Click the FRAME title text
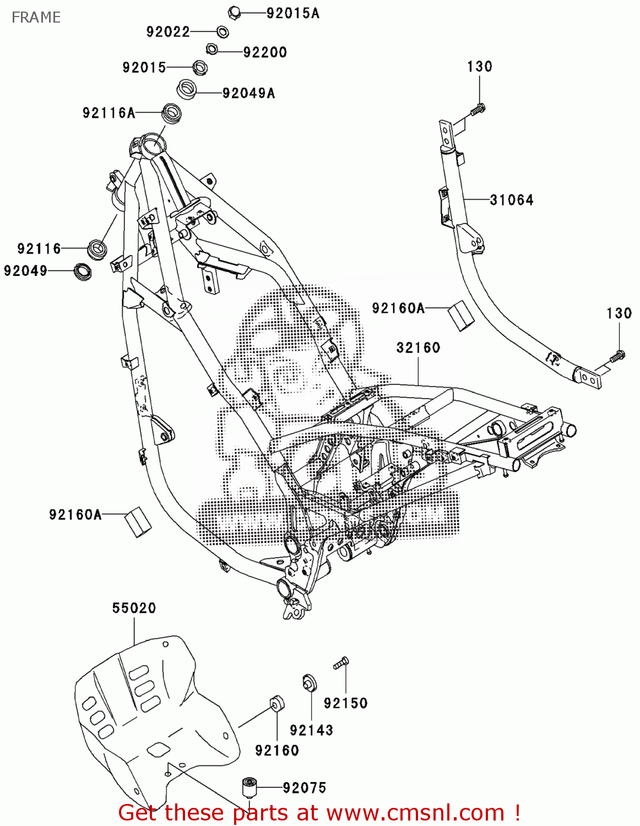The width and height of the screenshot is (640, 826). [x=36, y=18]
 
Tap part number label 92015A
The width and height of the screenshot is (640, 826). [x=292, y=13]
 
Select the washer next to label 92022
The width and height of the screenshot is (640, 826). [x=223, y=32]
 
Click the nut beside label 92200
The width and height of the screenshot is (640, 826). [x=211, y=50]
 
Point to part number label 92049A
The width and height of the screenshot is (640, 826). [x=248, y=93]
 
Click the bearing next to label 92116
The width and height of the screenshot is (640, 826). [x=97, y=248]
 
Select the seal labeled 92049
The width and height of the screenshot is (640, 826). [x=83, y=271]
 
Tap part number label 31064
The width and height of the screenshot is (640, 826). [x=511, y=200]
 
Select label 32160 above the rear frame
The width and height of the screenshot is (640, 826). [x=418, y=347]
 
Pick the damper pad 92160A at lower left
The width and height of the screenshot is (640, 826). [x=138, y=520]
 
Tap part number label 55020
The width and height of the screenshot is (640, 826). [x=134, y=608]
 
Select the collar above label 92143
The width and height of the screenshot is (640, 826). [x=309, y=683]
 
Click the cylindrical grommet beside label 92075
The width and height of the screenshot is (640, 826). [x=250, y=787]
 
